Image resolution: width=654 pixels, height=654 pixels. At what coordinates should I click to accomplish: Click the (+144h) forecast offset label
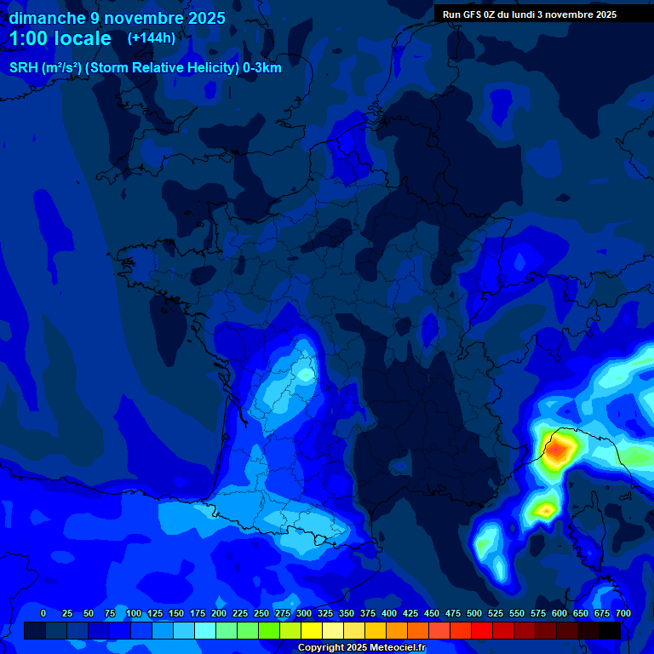point(152,38)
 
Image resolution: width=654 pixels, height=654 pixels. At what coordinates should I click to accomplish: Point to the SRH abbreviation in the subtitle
point(23,68)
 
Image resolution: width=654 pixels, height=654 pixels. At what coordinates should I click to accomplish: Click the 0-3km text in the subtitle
point(261,68)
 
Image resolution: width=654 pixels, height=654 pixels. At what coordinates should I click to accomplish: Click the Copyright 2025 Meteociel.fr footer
point(361,648)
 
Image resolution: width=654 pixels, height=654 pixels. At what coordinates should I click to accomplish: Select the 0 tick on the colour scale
point(43,614)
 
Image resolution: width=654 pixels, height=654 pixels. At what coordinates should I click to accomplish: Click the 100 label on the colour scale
point(134,614)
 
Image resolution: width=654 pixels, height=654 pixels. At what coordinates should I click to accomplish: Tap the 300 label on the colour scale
point(304,614)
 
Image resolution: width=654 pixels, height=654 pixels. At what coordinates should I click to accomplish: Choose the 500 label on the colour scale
point(474,614)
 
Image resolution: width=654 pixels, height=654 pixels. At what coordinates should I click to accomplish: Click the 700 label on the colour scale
point(623,614)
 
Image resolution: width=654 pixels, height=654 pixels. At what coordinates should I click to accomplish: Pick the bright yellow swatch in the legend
point(312,631)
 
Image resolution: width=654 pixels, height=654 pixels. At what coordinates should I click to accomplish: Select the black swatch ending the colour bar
point(610,631)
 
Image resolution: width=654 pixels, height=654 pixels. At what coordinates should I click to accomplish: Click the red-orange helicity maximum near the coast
point(558,449)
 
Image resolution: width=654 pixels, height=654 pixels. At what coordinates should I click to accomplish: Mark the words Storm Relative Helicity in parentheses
point(161,68)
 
